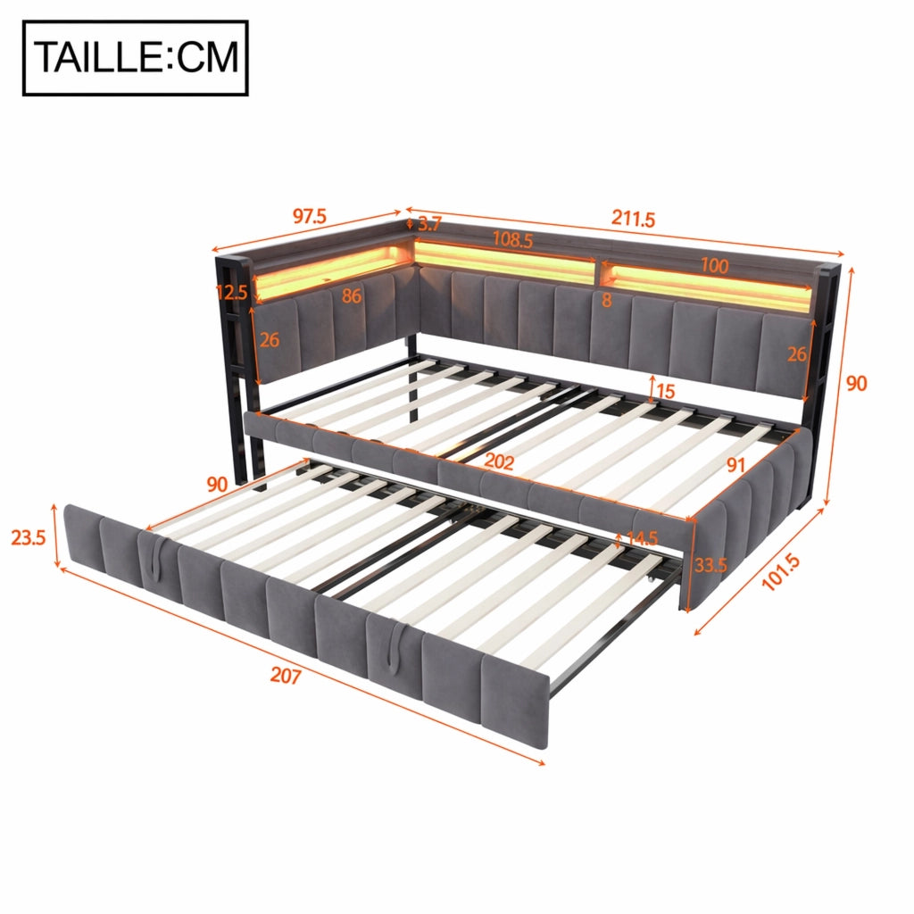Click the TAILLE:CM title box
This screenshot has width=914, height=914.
point(136,58)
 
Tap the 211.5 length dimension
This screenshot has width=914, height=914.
point(633,219)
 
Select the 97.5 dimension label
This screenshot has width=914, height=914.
point(309,216)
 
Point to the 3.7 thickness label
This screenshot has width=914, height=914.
point(429,224)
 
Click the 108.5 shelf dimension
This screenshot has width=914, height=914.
point(512,239)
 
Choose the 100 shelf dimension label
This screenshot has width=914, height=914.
point(714,266)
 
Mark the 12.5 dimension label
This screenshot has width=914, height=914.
point(231,292)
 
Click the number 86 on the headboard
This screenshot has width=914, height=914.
point(352,296)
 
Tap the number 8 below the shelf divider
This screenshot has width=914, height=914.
point(607,300)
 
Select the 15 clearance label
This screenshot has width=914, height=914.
point(665,391)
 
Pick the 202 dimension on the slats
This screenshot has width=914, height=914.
point(499,461)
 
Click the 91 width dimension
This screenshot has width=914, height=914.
point(735,464)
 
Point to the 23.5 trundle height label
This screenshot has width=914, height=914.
point(28,537)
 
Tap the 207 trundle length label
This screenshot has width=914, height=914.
point(286,676)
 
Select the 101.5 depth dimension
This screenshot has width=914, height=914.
point(781,573)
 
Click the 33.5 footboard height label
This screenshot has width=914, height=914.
point(710,565)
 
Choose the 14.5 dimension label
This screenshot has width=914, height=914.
point(642,538)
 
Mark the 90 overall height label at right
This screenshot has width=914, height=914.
point(856,383)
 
